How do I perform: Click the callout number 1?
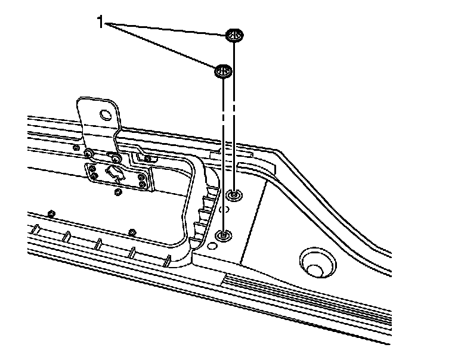pos(100,23)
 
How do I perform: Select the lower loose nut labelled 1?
pos(222,72)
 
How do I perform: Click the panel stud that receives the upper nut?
pos(234,194)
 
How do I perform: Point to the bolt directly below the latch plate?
pos(118,192)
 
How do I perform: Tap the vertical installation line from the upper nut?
pos(234,119)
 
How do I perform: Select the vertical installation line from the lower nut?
pos(223,155)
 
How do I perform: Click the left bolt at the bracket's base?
pos(88,153)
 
